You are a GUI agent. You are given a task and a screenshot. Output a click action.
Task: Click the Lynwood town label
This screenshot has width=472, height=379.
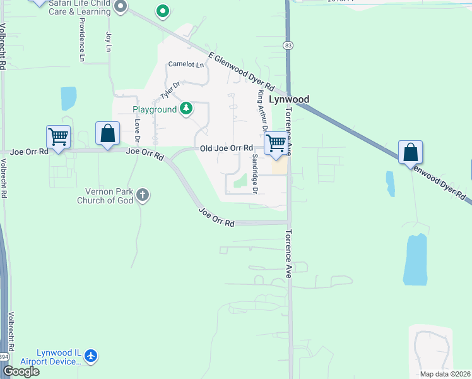pyautogui.click(x=289, y=99)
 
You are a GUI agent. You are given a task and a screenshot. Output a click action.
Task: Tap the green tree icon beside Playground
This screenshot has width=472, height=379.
pyautogui.click(x=186, y=109)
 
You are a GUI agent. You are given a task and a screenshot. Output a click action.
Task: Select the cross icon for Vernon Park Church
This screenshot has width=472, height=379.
pyautogui.click(x=143, y=195)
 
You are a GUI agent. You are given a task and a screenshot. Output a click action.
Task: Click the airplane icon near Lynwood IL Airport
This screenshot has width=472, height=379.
pyautogui.click(x=91, y=356)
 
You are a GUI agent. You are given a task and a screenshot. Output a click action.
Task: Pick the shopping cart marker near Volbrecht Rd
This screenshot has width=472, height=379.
pyautogui.click(x=58, y=136)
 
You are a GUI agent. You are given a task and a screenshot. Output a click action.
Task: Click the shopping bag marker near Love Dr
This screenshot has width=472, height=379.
pyautogui.click(x=108, y=133)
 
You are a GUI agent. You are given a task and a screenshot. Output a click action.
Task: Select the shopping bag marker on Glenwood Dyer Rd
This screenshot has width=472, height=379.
pyautogui.click(x=410, y=152)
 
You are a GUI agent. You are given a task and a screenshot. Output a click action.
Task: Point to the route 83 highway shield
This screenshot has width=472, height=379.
pyautogui.click(x=288, y=45)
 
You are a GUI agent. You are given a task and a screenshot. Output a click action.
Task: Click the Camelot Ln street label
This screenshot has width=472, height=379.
pyautogui.click(x=186, y=64)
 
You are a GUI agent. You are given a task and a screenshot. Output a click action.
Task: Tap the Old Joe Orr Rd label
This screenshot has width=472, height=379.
pyautogui.click(x=226, y=148)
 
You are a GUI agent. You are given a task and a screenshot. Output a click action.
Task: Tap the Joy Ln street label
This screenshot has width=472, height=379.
pyautogui.click(x=109, y=42)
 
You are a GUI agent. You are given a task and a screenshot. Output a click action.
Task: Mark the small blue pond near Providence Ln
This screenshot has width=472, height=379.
pyautogui.click(x=68, y=99)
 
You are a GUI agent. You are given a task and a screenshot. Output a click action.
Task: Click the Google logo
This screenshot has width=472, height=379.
pyautogui.click(x=21, y=371)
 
